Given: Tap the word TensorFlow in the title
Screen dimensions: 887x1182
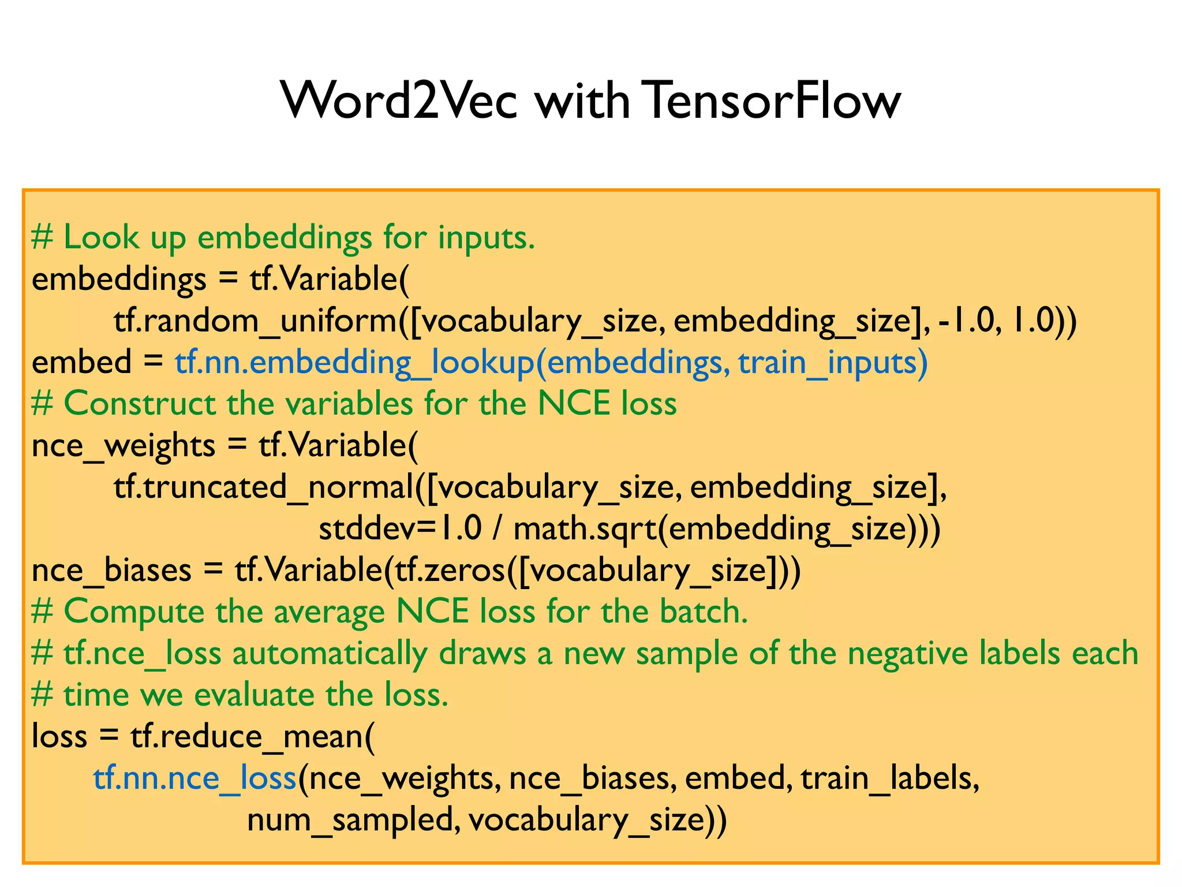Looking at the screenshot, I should (772, 100).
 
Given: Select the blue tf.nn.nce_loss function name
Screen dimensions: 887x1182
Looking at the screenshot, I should (194, 778).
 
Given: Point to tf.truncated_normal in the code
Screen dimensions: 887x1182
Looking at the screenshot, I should (264, 487).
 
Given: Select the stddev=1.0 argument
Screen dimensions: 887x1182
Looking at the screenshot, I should (400, 528).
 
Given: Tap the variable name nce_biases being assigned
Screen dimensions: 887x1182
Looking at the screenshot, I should (111, 571).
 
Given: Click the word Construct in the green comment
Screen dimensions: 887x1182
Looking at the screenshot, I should (139, 403).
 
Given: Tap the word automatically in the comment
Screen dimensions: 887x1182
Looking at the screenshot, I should (330, 654).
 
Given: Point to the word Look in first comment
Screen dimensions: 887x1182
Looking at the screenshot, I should (101, 237).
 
